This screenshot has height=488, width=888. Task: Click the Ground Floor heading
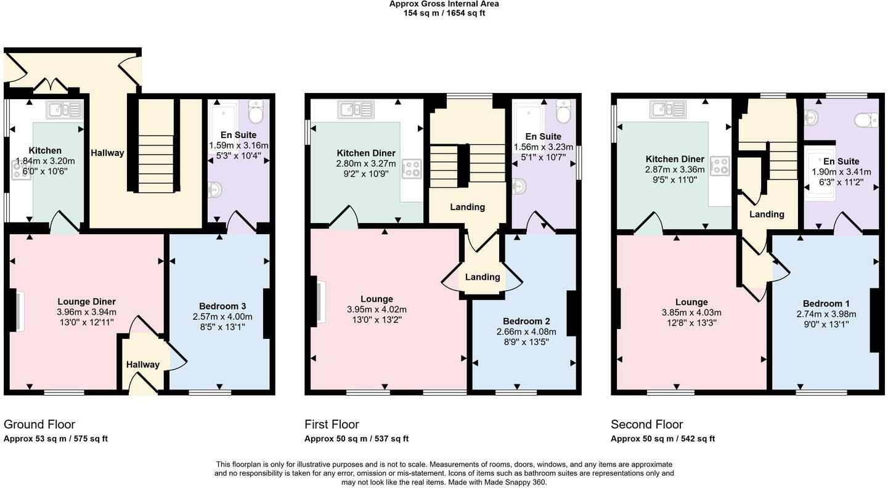[x=39, y=424]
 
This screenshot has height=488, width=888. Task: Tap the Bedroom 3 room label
[x=222, y=306]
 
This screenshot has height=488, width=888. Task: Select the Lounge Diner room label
[x=86, y=301]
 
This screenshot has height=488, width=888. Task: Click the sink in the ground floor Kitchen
[x=63, y=110]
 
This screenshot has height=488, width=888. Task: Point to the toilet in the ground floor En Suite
[x=255, y=112]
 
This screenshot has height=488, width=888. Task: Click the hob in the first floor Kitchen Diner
[x=412, y=168]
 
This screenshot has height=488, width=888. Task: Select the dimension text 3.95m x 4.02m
[x=377, y=309]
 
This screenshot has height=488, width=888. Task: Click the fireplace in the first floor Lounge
[x=320, y=300]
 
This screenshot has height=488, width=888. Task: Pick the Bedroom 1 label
[x=826, y=303]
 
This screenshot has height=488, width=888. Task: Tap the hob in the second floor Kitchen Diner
[x=718, y=166]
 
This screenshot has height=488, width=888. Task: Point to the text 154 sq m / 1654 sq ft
[x=444, y=13]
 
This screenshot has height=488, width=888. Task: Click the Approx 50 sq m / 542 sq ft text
[x=662, y=439]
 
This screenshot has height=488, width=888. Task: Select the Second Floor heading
[x=646, y=424]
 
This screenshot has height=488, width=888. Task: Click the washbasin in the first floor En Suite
[x=519, y=184]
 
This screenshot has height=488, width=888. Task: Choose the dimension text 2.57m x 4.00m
[x=222, y=317]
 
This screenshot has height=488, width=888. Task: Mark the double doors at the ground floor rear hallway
[x=50, y=86]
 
